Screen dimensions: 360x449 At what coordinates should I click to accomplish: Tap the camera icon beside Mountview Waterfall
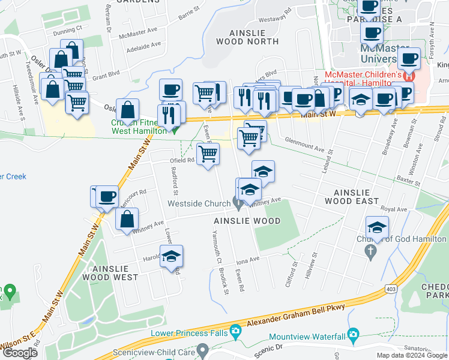[353, 334]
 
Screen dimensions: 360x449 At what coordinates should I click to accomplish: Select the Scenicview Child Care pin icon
[203, 348]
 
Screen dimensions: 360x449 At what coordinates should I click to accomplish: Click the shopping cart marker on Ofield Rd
[208, 154]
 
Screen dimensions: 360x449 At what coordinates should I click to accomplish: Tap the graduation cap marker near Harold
[171, 256]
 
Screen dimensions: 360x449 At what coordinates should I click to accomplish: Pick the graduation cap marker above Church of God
[377, 227]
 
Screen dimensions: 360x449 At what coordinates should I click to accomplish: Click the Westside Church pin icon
[238, 203]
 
